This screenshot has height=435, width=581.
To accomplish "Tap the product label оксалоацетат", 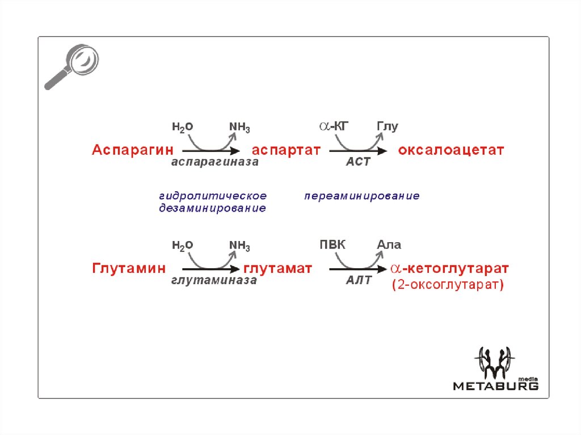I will [x=451, y=150].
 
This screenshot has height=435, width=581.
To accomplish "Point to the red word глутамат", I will [x=279, y=268].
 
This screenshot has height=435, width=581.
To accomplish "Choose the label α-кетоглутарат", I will [x=449, y=268].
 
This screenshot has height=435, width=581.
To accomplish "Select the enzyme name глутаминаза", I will [x=213, y=280].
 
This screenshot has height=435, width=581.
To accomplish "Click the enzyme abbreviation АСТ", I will [x=358, y=162].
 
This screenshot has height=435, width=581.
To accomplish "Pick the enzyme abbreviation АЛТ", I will [x=359, y=280].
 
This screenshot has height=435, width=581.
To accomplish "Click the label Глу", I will [x=388, y=126].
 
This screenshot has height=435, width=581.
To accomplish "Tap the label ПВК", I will [x=332, y=245].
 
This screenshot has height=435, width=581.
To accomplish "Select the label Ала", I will [x=389, y=245].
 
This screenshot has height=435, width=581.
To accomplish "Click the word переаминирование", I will [x=362, y=196].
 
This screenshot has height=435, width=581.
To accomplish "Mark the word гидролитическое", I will [x=213, y=196].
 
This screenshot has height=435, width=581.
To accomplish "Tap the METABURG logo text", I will [x=495, y=386].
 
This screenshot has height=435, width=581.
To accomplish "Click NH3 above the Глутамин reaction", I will [x=239, y=246].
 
